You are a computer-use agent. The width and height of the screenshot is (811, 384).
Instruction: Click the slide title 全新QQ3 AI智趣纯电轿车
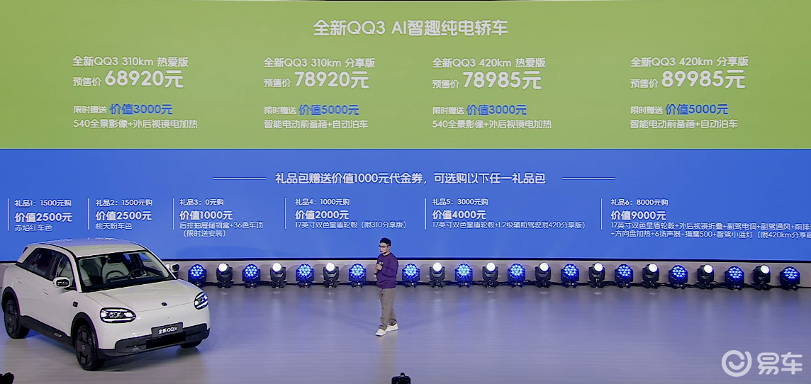[x=410, y=28]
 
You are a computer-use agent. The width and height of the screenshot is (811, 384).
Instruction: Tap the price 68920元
[x=144, y=79]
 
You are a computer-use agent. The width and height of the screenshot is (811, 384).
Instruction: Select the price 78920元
[x=331, y=80]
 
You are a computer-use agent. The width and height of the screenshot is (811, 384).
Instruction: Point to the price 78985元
[x=500, y=80]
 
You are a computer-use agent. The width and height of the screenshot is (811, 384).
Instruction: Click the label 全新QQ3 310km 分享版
[x=319, y=62]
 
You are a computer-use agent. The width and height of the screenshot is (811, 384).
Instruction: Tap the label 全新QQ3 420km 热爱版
[x=488, y=62]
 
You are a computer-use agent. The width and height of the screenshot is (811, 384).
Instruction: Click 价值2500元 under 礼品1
[x=44, y=216]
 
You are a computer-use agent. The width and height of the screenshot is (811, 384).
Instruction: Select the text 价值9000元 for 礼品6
[x=638, y=215]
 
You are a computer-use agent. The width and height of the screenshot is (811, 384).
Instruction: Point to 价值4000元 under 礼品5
[x=459, y=215]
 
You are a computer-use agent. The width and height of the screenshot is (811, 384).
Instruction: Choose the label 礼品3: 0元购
[x=201, y=202]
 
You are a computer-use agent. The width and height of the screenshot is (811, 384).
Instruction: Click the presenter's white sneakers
[x=386, y=329]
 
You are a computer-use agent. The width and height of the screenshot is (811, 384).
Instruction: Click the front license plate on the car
[x=167, y=330]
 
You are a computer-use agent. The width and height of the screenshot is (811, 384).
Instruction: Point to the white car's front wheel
[x=89, y=346]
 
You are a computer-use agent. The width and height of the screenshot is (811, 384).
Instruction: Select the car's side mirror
[x=62, y=283]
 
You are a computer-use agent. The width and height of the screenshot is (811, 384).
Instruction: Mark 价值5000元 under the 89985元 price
[x=696, y=109]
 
